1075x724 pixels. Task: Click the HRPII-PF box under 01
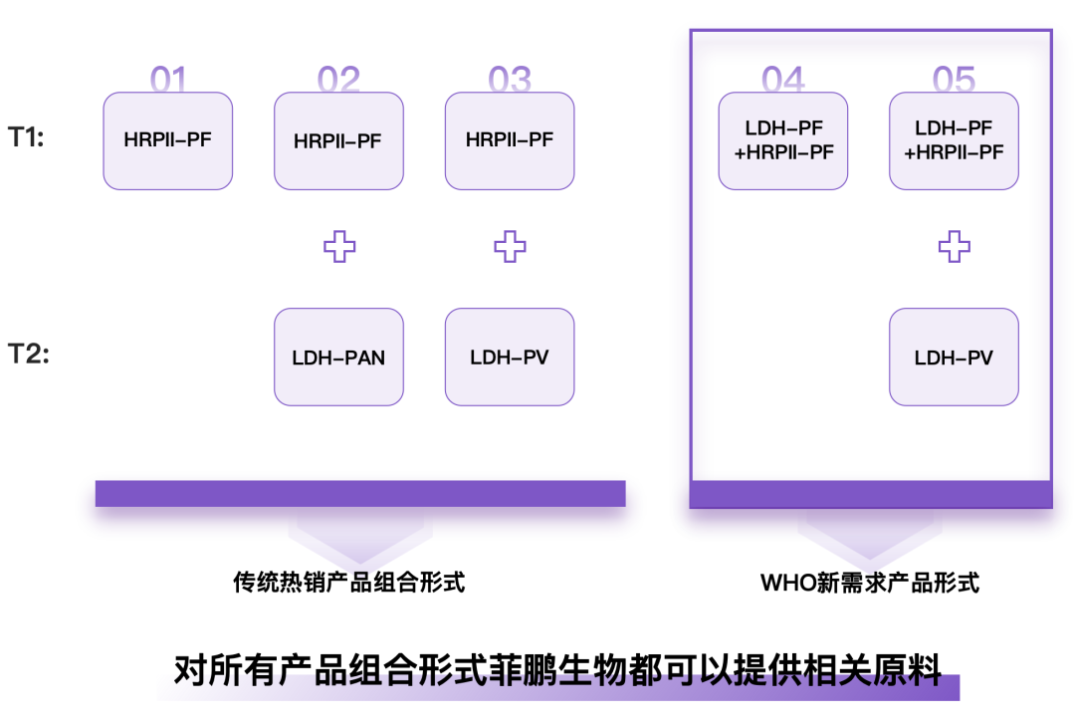click(x=168, y=140)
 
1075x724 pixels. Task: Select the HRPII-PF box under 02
click(x=338, y=140)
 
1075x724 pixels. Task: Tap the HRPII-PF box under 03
click(x=510, y=140)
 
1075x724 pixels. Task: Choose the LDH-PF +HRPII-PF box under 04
click(x=783, y=140)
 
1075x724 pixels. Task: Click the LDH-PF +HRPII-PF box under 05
click(x=954, y=140)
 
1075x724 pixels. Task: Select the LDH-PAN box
click(x=338, y=357)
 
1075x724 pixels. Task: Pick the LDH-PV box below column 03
click(x=510, y=357)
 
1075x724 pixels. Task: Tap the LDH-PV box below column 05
click(x=954, y=357)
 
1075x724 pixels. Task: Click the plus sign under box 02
click(x=339, y=246)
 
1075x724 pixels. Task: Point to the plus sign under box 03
click(x=510, y=246)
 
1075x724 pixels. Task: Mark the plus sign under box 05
click(x=954, y=246)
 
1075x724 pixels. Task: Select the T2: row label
click(x=28, y=354)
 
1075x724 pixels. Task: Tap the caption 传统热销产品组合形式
click(x=349, y=582)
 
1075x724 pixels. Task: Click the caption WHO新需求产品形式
click(x=870, y=582)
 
